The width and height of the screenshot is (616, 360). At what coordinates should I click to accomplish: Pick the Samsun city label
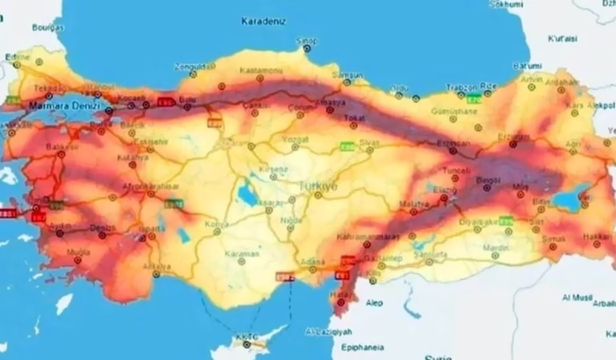pyautogui.click(x=348, y=74)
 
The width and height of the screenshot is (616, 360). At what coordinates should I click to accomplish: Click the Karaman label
pyautogui.click(x=244, y=254)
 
